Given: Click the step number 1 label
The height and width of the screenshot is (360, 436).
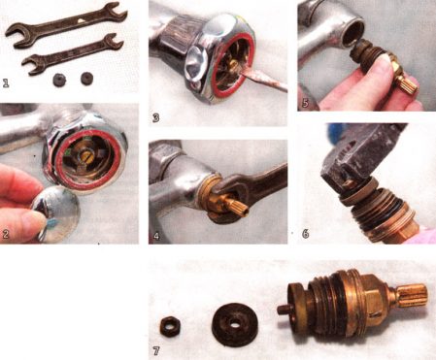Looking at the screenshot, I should [8, 82].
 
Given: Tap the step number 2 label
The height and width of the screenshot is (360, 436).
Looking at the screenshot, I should [8, 233].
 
